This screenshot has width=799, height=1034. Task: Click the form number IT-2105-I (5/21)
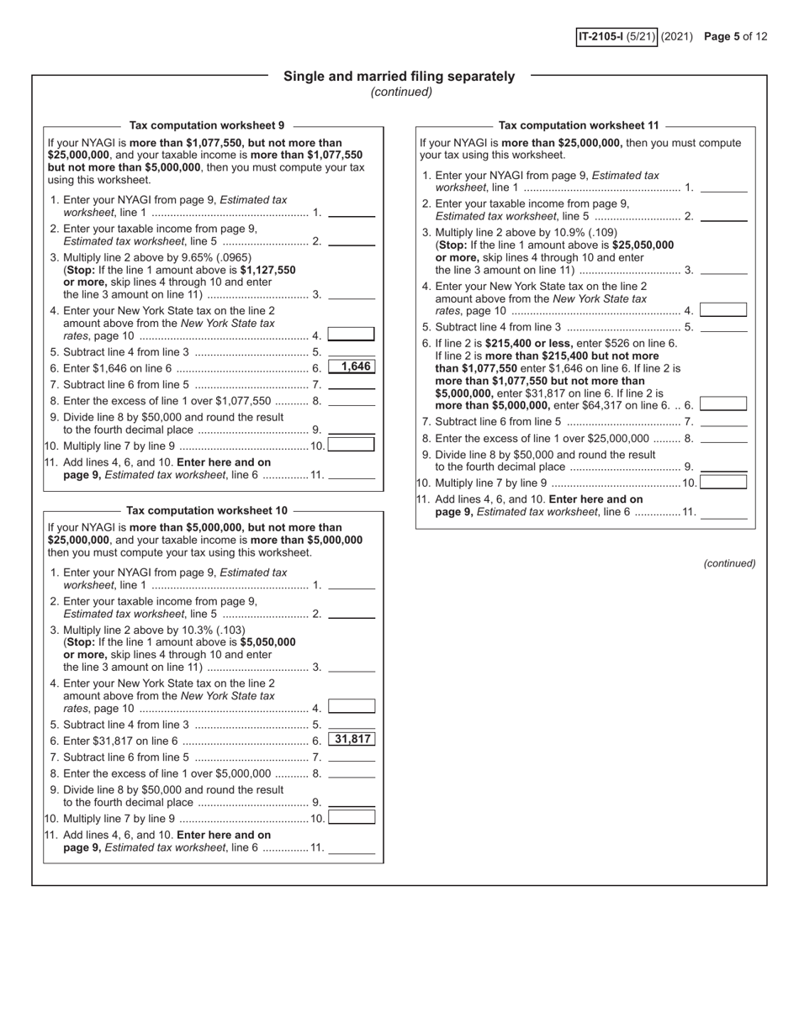pos(616,36)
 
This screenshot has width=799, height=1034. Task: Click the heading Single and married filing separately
pos(399,76)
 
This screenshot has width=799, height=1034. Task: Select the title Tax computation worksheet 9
pos(207,125)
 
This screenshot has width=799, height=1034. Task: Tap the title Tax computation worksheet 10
pos(207,510)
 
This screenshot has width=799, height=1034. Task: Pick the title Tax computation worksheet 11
pos(579,125)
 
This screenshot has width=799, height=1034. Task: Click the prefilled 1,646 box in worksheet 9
pos(352,367)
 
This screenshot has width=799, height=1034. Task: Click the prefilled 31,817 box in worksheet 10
pos(352,739)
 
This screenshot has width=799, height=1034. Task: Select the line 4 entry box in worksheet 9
pos(352,335)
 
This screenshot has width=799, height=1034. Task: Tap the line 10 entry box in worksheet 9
pos(352,445)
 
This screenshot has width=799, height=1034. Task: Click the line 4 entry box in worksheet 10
pos(352,707)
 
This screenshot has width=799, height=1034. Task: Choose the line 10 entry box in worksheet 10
pos(352,817)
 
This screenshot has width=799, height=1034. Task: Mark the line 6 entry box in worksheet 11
pos(723,404)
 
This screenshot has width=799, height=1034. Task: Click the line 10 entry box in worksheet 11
pos(723,482)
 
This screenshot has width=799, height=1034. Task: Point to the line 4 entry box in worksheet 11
pos(723,310)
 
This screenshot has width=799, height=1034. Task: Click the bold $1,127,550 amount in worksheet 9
pos(267,270)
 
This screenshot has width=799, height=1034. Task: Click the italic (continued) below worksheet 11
pos(729,563)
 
